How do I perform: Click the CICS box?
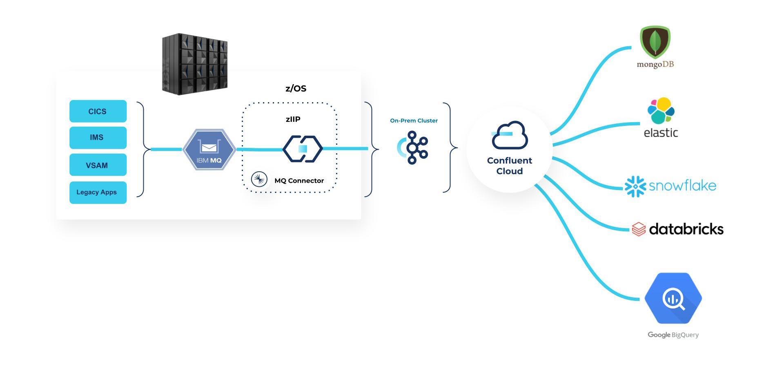[x=98, y=111]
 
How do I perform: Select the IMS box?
[x=98, y=137]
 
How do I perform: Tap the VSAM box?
[x=98, y=165]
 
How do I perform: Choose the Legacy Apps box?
[x=98, y=192]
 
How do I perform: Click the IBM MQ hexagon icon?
[x=209, y=150]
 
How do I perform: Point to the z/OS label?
[x=296, y=88]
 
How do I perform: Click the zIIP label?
[x=293, y=119]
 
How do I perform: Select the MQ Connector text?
[x=299, y=181]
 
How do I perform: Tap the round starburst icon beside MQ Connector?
[x=259, y=179]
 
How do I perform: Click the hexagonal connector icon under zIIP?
[x=303, y=149]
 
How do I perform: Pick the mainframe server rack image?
[x=195, y=64]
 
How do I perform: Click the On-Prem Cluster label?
[x=414, y=121]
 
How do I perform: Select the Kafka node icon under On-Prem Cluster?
[x=414, y=148]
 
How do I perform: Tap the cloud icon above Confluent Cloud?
[x=510, y=135]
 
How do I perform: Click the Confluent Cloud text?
[x=509, y=166]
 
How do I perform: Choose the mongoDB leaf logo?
[x=655, y=42]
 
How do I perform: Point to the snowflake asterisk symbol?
[x=635, y=186]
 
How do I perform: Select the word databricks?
[x=686, y=229]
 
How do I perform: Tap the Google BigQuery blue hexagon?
[x=673, y=298]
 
